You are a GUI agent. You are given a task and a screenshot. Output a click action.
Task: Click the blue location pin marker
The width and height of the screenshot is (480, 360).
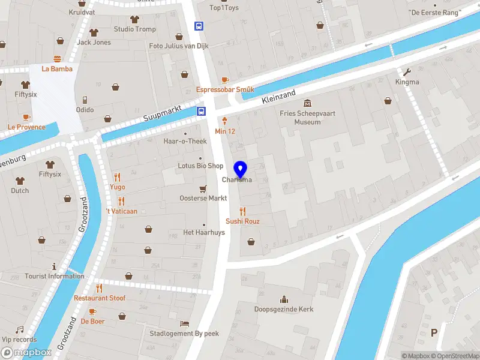tap(241, 170)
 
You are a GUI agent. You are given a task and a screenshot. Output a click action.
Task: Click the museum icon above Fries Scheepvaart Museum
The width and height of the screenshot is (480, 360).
tap(308, 103)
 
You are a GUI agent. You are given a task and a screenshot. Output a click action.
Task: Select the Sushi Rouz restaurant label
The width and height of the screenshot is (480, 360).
tap(242, 221)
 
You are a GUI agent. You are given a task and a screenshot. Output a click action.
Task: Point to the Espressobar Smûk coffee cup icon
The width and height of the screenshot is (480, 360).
tap(225, 80)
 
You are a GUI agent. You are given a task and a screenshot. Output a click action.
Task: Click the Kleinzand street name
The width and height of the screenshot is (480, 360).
tap(279, 98)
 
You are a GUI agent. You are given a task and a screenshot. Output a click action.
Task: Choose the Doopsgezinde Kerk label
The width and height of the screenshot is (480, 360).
tap(284, 310)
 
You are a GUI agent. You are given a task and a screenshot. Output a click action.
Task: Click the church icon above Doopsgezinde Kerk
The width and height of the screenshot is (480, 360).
tap(284, 299)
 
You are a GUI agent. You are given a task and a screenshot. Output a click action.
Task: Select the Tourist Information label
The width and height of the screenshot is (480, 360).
tap(55, 276)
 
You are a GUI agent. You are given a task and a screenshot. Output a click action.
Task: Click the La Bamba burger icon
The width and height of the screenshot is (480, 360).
tap(57, 58)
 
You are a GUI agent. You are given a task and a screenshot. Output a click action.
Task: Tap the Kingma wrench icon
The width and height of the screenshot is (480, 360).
tap(407, 71)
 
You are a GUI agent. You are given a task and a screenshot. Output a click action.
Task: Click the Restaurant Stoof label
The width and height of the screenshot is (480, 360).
tap(100, 298)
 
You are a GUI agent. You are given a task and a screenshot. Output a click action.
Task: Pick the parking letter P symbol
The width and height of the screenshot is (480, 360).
tap(434, 332)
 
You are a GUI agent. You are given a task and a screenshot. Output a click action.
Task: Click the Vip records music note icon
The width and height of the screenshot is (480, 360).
tap(19, 329)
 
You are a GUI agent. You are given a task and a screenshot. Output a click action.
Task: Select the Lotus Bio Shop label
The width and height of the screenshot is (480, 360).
tap(200, 166)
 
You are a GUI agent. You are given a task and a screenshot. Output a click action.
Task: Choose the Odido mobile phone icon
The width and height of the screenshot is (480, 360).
tap(85, 100)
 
